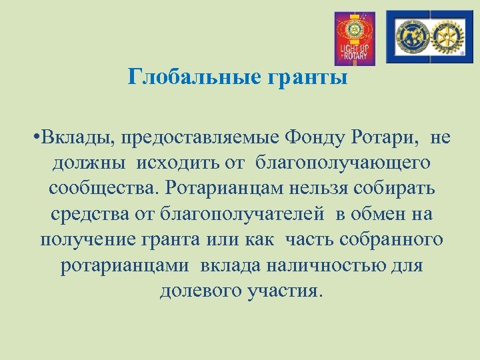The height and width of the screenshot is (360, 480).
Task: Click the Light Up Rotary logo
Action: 354,38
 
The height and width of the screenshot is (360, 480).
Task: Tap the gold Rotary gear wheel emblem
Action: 447,37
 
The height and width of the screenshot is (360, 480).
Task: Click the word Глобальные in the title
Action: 187,78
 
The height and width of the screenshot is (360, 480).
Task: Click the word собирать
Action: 399,189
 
